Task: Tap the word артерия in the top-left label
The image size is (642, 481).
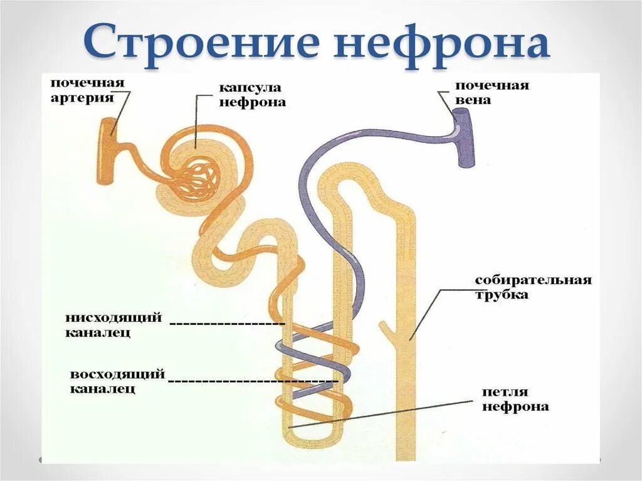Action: click(82, 98)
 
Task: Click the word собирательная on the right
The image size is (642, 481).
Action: click(533, 280)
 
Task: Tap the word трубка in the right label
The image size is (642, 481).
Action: click(501, 295)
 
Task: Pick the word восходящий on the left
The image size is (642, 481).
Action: click(117, 374)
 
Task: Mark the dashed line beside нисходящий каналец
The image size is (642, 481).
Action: click(227, 324)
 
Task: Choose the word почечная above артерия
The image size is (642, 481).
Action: click(88, 83)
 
